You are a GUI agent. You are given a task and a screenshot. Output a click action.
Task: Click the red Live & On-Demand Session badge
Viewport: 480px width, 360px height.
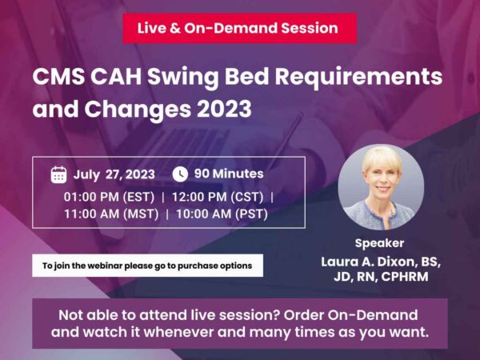[x=239, y=28]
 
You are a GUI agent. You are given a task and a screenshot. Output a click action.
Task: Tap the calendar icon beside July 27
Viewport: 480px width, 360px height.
[x=58, y=174]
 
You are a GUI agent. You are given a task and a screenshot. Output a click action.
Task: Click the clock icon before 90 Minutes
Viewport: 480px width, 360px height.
[x=180, y=174]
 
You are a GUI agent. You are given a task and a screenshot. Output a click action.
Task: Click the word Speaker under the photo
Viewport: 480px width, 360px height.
[x=380, y=242]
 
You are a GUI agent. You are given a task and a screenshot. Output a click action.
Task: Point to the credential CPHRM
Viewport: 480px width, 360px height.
[x=409, y=277]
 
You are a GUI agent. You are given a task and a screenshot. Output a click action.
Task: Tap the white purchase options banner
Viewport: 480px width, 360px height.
[x=147, y=266]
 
